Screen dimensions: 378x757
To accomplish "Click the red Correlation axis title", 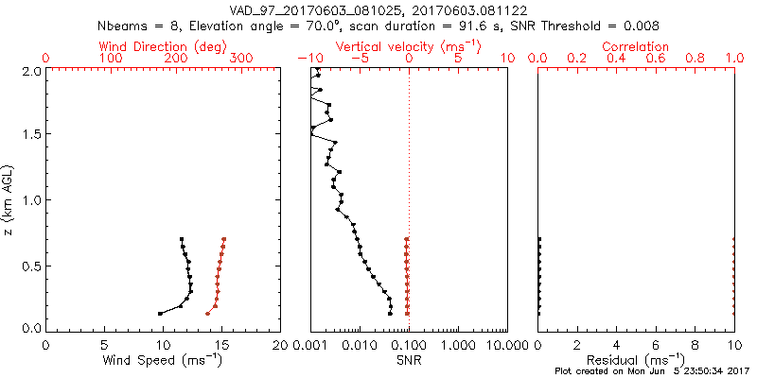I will click(x=636, y=46).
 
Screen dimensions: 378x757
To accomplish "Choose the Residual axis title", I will click(x=636, y=360).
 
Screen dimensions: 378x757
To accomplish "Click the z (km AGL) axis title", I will click(x=9, y=199).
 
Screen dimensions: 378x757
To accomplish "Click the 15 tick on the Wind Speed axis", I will click(x=222, y=345).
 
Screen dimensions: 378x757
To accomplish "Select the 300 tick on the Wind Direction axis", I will click(x=241, y=59).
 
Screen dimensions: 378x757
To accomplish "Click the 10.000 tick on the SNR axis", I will click(x=502, y=345).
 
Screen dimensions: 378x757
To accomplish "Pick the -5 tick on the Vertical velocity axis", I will click(x=359, y=59).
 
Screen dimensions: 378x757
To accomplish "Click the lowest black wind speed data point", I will click(x=160, y=313).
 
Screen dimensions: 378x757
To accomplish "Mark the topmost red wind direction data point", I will click(x=224, y=239).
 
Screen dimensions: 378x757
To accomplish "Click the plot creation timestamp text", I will click(x=652, y=371).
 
